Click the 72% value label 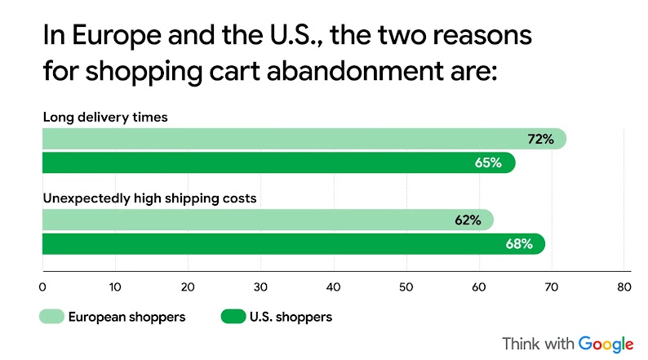(540, 140)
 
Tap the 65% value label (488, 162)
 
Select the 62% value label (467, 220)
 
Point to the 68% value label (519, 243)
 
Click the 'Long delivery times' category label (105, 117)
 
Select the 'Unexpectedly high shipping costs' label (149, 198)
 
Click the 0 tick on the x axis (42, 287)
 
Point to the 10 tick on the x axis (115, 287)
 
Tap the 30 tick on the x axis (260, 287)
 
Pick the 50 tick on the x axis (406, 287)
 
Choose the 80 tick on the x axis (624, 287)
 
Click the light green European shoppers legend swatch (51, 317)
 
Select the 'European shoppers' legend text (127, 317)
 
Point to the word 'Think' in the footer (520, 343)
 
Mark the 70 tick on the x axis (552, 287)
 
